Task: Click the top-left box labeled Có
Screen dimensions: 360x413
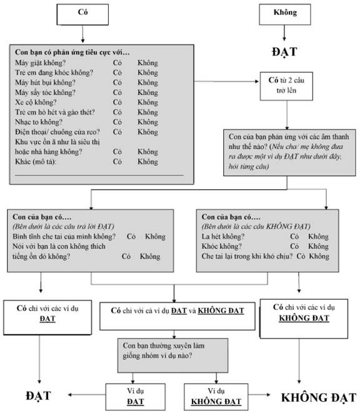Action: point(82,14)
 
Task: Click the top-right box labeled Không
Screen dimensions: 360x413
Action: point(285,14)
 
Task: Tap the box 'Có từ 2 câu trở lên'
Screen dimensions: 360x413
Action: point(286,86)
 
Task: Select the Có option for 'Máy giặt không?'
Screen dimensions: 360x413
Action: point(117,63)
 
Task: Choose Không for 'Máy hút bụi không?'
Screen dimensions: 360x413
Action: point(148,82)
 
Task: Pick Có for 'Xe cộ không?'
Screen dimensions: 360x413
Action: point(117,102)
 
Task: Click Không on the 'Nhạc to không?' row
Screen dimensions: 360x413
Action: point(148,122)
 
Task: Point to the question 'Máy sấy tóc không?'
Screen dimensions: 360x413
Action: point(45,92)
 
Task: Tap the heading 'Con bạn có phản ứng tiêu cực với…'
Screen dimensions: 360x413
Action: point(72,52)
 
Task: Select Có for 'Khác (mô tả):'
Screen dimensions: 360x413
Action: point(117,161)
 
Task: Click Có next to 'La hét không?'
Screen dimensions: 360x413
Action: point(294,237)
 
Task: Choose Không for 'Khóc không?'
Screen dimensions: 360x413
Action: point(319,246)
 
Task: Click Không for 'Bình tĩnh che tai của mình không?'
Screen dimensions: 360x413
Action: point(155,237)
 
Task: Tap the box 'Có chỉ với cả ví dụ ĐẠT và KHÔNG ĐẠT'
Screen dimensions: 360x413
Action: point(177,316)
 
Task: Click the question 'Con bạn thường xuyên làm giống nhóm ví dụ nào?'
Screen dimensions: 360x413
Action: point(164,351)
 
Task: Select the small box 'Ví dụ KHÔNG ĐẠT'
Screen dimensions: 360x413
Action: point(216,397)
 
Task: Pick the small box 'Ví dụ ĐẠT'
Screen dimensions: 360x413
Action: point(136,397)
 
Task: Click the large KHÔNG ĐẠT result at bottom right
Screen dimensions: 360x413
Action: point(319,398)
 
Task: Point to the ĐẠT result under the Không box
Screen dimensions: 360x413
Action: point(284,52)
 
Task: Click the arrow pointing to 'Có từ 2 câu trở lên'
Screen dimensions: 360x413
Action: point(227,81)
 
